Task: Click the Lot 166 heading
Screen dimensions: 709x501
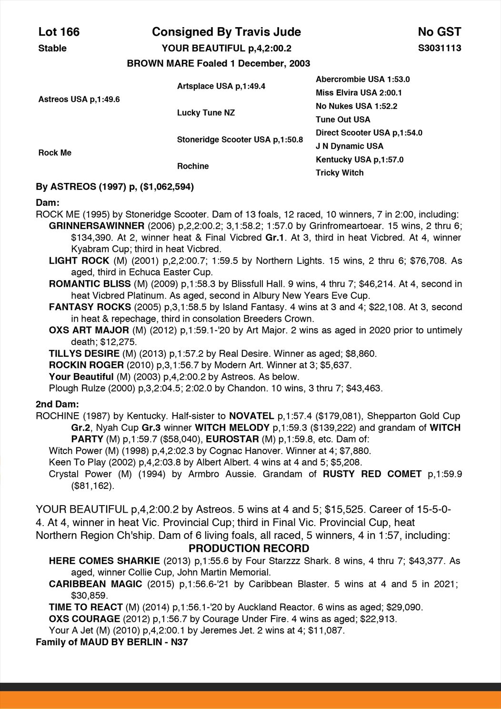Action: tap(59, 32)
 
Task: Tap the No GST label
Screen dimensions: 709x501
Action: tap(439, 32)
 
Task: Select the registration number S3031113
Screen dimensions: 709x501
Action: tap(439, 48)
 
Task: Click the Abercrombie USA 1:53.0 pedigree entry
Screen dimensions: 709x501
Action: tap(362, 79)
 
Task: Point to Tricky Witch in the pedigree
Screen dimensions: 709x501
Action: tap(340, 172)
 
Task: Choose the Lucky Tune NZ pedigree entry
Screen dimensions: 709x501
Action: tap(206, 113)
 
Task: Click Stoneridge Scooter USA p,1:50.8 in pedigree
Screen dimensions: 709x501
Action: tap(240, 140)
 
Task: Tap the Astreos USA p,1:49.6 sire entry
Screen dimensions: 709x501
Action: tap(79, 99)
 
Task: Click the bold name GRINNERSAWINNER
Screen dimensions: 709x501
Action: tap(97, 226)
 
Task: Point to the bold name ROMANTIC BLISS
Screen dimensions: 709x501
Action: tap(90, 284)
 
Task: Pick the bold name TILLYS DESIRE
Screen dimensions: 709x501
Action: tap(84, 354)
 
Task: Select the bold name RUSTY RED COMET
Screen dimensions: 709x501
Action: tap(372, 474)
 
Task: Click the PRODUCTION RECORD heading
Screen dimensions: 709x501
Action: tap(249, 548)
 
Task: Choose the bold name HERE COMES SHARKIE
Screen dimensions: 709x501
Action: tap(104, 561)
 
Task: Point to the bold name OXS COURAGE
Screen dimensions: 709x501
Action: tap(84, 619)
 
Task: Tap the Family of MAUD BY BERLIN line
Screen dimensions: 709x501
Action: tap(112, 642)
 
